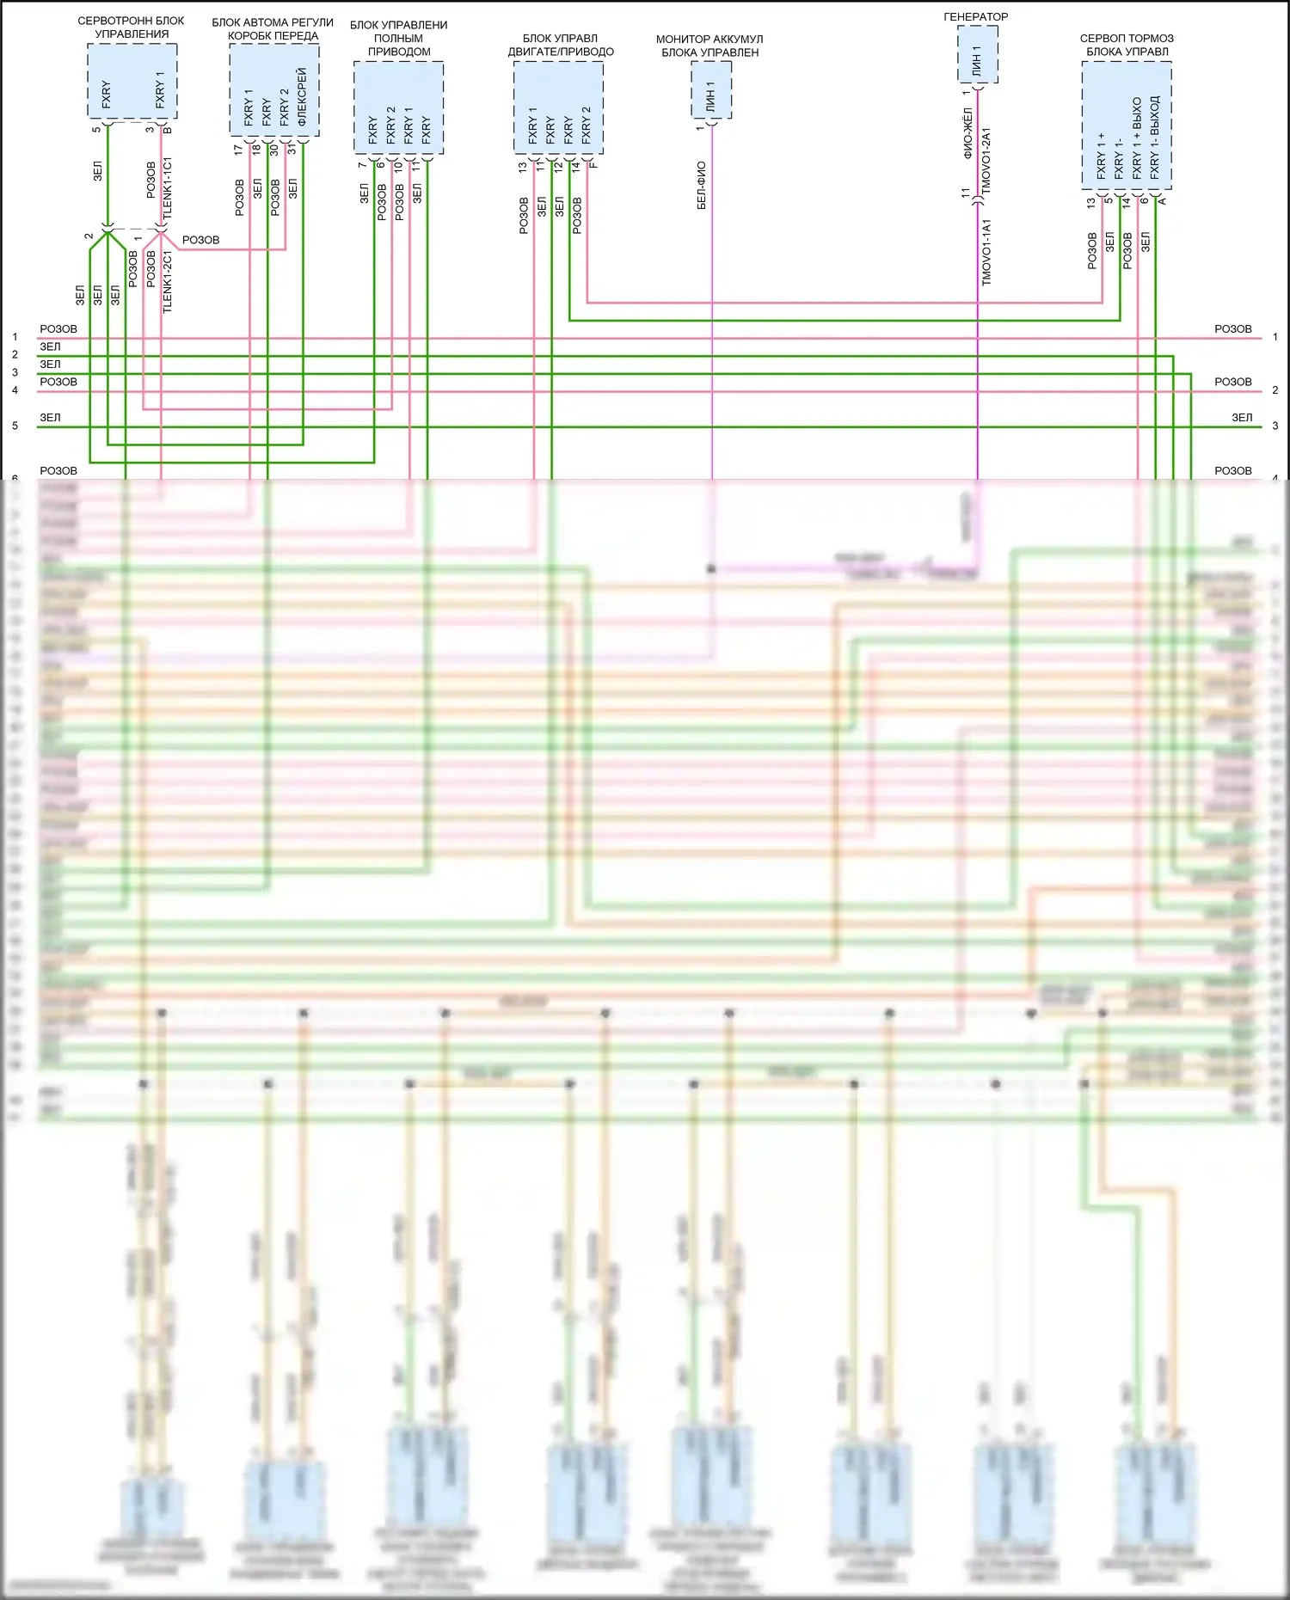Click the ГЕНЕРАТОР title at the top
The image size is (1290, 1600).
pyautogui.click(x=975, y=16)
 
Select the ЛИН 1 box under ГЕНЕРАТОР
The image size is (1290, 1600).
pyautogui.click(x=978, y=54)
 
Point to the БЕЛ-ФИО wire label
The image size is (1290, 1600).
pyautogui.click(x=702, y=185)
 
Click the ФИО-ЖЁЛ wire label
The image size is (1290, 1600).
pyautogui.click(x=967, y=133)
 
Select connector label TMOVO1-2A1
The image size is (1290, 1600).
pyautogui.click(x=986, y=160)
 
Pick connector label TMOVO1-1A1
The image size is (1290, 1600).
pyautogui.click(x=986, y=252)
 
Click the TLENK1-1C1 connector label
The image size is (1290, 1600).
pyautogui.click(x=168, y=187)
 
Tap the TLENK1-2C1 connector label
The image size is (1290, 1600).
pyautogui.click(x=168, y=282)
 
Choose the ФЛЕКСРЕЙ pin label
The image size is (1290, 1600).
pyautogui.click(x=302, y=96)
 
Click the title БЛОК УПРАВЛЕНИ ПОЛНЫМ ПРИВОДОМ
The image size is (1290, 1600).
pyautogui.click(x=399, y=38)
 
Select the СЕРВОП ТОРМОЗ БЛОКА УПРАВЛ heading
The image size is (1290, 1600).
pyautogui.click(x=1127, y=45)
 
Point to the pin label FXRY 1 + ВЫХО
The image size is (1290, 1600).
pyautogui.click(x=1137, y=138)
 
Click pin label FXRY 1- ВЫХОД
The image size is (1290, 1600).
pyautogui.click(x=1155, y=137)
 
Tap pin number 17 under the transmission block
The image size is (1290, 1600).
pyautogui.click(x=238, y=149)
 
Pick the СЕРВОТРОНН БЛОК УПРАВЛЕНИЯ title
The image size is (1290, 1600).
pyautogui.click(x=132, y=27)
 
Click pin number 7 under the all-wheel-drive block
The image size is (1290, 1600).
pyautogui.click(x=362, y=165)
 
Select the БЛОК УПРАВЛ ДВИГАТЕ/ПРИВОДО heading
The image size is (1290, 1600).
pyautogui.click(x=561, y=45)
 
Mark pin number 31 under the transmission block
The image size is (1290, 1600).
pyautogui.click(x=292, y=149)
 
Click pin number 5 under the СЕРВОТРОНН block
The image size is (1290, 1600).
pyautogui.click(x=96, y=130)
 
